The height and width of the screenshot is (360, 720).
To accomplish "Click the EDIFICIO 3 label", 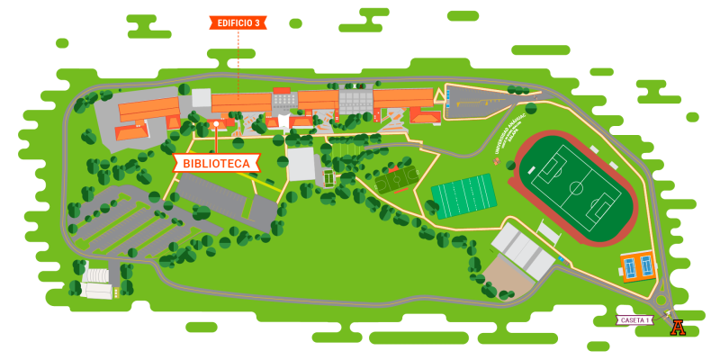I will tap(238, 22).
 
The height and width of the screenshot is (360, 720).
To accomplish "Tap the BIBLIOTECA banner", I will tap(216, 163).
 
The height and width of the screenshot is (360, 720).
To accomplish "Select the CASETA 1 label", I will tap(634, 319).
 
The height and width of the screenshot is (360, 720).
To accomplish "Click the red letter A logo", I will tap(678, 328).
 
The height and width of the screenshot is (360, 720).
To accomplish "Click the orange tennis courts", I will tap(638, 266).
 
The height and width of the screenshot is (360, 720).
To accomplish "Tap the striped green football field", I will tap(463, 195).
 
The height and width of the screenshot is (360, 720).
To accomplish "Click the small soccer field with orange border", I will tap(396, 180).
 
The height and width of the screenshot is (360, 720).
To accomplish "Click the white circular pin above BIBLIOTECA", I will tap(216, 123).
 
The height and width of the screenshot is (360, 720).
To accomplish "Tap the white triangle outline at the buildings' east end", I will tap(439, 95).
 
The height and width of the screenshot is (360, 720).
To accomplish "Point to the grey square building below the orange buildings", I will tap(301, 164).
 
